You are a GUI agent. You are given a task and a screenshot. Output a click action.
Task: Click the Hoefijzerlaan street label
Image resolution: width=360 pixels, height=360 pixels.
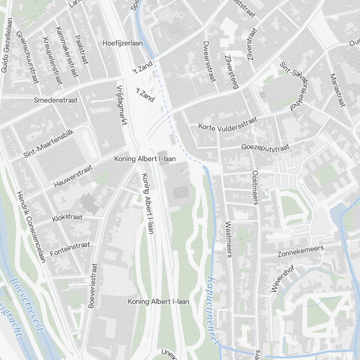(x=122, y=43)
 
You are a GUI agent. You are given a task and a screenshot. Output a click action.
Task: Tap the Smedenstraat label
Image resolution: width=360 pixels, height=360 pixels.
(x=55, y=100)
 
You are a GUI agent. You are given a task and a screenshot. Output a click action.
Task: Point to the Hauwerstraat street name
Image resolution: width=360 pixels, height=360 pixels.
(x=73, y=176)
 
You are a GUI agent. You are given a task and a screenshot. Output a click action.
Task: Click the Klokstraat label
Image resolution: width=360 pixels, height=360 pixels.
(x=67, y=218)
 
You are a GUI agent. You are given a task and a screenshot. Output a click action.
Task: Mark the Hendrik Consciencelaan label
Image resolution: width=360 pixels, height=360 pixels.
(x=31, y=226)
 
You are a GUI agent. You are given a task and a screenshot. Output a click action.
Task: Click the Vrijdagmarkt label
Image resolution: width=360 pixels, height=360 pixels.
(x=122, y=105)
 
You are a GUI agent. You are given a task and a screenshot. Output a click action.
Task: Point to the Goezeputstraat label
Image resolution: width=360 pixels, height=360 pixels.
(x=266, y=147)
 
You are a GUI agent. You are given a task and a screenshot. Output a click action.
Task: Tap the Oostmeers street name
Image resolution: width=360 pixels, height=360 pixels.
(x=255, y=188)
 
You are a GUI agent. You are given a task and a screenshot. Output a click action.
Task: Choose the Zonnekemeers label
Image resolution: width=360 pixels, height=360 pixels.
(x=301, y=251)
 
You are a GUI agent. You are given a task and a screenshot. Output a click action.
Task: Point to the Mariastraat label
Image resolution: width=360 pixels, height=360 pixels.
(x=337, y=90)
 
